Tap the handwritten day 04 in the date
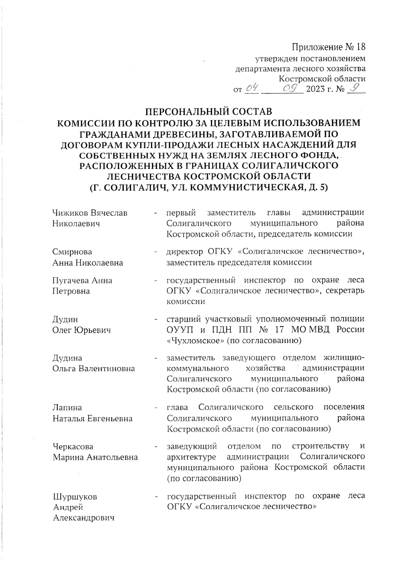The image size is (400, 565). click(x=252, y=88)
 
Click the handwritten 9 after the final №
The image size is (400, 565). click(x=356, y=88)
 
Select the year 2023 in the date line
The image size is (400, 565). click(x=315, y=89)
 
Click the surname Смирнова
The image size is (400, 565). click(x=72, y=252)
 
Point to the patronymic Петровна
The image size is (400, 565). click(x=71, y=291)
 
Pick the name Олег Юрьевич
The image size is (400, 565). click(x=81, y=330)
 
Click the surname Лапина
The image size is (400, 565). click(x=67, y=407)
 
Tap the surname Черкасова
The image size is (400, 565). click(x=73, y=446)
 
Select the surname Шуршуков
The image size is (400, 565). click(x=75, y=496)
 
